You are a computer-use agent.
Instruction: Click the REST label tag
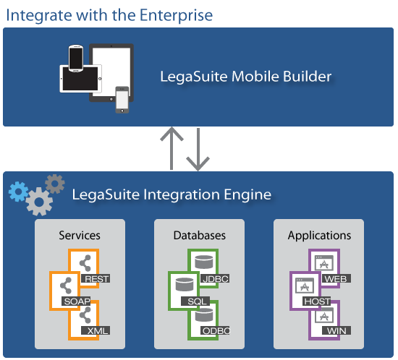tap(96, 278)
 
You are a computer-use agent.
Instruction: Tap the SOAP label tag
tap(76, 301)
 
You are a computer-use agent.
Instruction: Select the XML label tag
tap(96, 330)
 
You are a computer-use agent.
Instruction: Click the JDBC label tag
tap(215, 278)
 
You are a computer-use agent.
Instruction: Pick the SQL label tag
tap(195, 301)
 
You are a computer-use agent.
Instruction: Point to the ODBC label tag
tap(215, 330)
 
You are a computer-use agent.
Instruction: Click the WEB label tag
tap(336, 278)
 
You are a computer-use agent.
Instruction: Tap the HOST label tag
tap(317, 301)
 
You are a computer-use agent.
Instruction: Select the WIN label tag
tap(336, 330)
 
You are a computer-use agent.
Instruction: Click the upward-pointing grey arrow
tap(172, 148)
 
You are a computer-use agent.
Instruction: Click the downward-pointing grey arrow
tap(198, 150)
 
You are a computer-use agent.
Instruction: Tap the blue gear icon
tap(18, 192)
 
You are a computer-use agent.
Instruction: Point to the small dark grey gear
tap(55, 184)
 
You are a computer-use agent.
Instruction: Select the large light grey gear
tap(39, 202)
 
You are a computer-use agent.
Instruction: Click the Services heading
tap(80, 235)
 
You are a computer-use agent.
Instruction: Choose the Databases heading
tap(200, 235)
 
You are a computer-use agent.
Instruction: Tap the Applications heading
tap(319, 236)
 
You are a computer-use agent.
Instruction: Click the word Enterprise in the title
tap(176, 15)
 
